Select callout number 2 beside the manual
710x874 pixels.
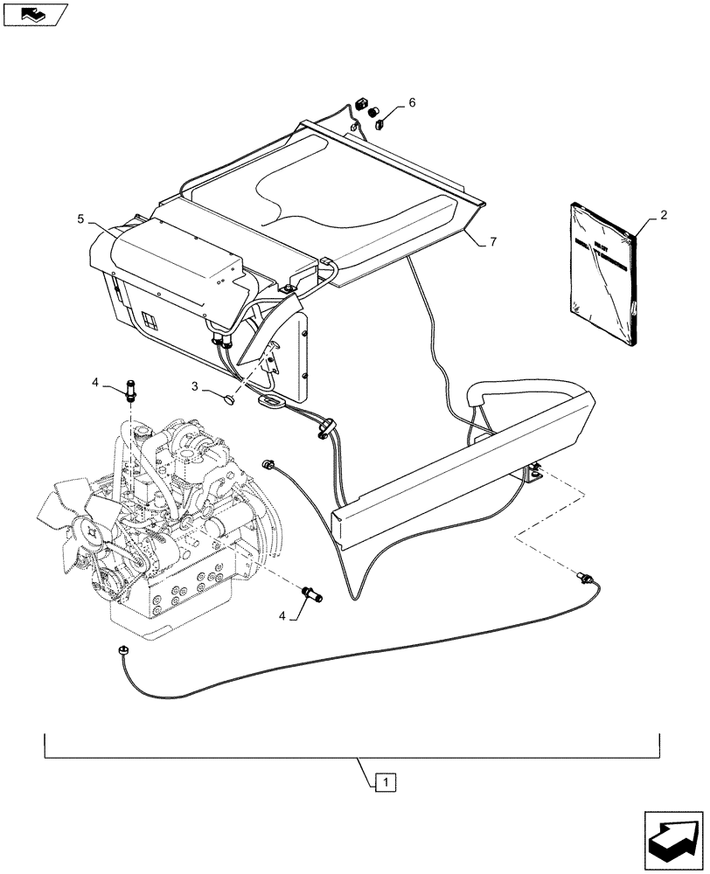point(664,214)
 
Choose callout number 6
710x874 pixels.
point(412,102)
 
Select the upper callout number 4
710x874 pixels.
point(96,381)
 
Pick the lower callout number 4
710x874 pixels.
point(282,616)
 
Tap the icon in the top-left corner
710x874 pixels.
point(35,14)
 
